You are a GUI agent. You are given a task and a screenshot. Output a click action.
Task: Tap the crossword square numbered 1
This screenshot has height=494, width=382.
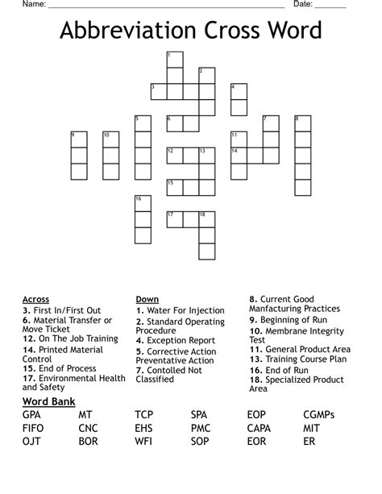(175, 60)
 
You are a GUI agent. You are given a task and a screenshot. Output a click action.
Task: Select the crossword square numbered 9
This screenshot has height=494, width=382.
(79, 139)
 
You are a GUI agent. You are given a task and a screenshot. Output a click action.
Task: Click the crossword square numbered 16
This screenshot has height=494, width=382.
(143, 203)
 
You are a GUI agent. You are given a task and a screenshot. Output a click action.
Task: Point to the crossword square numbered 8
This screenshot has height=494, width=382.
(302, 123)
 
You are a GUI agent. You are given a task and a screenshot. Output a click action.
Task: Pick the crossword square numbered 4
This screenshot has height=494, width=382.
(239, 91)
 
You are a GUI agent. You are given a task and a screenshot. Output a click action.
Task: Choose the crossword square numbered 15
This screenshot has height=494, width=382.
(175, 187)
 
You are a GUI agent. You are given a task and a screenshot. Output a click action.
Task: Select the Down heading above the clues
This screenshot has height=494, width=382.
(147, 299)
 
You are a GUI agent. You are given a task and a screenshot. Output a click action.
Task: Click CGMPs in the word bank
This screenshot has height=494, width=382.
(319, 415)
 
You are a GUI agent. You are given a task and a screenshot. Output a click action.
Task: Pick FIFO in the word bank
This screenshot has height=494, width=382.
(35, 428)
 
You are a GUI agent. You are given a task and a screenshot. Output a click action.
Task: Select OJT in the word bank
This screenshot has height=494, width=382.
(32, 442)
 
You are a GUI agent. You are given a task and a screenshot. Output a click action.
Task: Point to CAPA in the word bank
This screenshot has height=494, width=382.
(259, 428)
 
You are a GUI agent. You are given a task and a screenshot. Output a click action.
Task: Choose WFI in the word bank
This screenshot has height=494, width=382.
(143, 442)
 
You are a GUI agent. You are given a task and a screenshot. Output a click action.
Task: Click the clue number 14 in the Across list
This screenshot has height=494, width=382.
(28, 350)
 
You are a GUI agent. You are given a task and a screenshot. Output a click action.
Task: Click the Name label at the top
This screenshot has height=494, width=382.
(33, 5)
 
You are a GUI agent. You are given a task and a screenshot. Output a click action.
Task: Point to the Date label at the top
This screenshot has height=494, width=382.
(303, 5)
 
